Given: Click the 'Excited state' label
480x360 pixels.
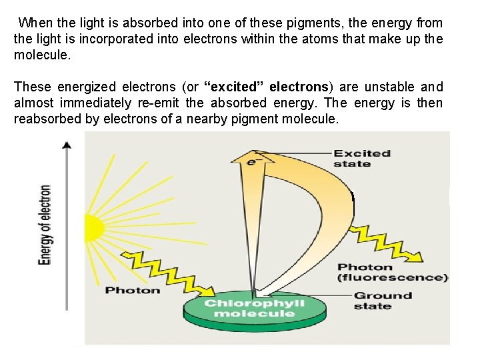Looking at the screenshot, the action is (361, 159).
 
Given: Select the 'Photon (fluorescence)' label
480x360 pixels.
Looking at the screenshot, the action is (392, 273).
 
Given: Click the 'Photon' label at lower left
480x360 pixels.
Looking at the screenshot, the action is (133, 290).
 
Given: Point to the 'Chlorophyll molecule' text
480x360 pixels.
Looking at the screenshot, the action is (254, 308).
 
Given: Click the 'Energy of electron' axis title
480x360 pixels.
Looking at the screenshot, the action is (45, 225).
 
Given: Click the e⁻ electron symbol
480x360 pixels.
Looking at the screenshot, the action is (252, 161).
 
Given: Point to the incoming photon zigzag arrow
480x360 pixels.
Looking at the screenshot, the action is (167, 270).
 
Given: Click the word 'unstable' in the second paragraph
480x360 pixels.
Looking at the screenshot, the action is (396, 87).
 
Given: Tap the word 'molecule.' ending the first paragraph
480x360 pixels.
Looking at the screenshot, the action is (41, 55).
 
